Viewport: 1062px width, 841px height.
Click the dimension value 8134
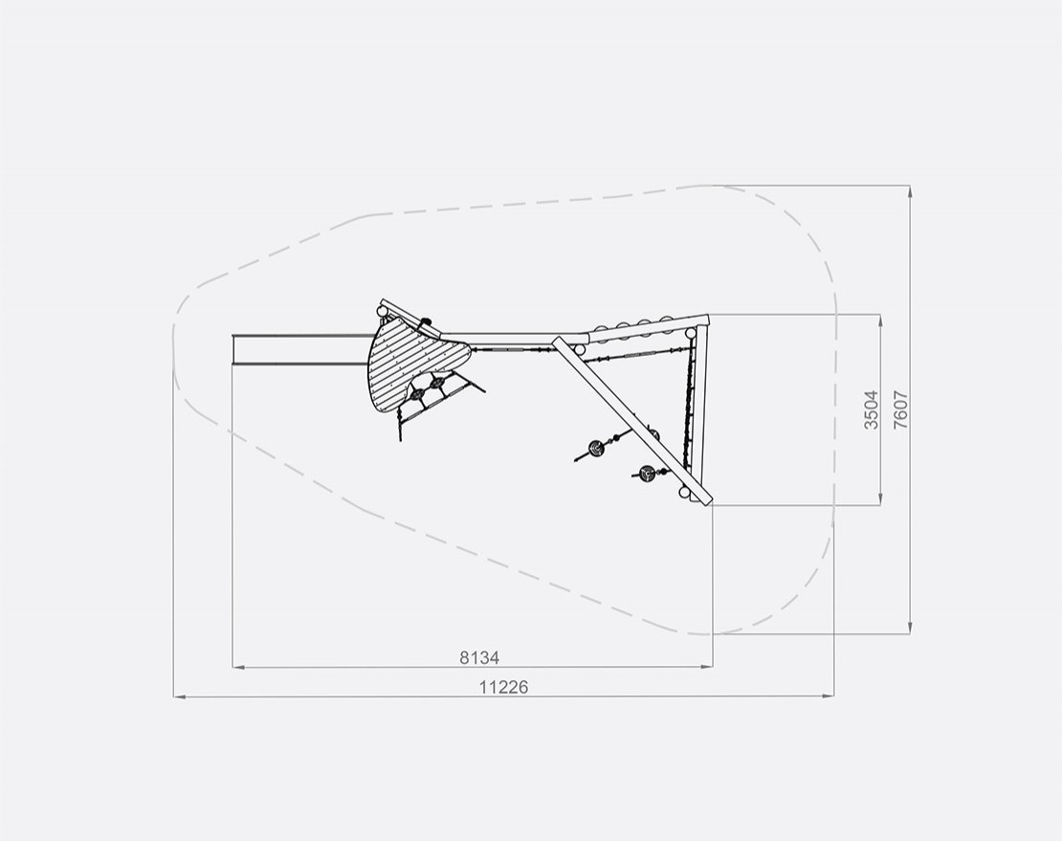[478, 656]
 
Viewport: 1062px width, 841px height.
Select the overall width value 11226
[503, 687]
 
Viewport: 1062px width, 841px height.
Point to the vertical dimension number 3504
[871, 409]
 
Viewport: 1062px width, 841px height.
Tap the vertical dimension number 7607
[901, 409]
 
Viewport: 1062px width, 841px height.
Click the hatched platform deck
[413, 363]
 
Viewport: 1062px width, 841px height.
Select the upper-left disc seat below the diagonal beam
[597, 447]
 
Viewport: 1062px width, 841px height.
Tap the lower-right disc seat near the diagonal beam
[647, 473]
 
